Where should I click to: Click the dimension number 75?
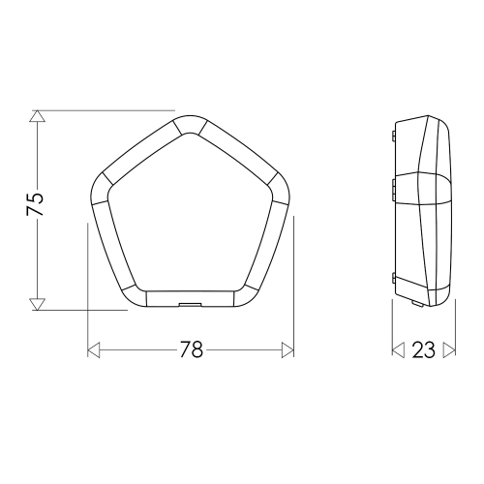click(35, 204)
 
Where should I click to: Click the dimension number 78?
click(192, 349)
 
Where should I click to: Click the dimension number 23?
click(423, 350)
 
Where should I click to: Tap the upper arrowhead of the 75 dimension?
click(38, 116)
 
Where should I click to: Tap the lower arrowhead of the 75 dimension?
click(38, 304)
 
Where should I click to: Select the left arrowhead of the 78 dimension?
click(94, 350)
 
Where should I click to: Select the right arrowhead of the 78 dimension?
click(287, 350)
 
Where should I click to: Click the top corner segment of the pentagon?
click(190, 124)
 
